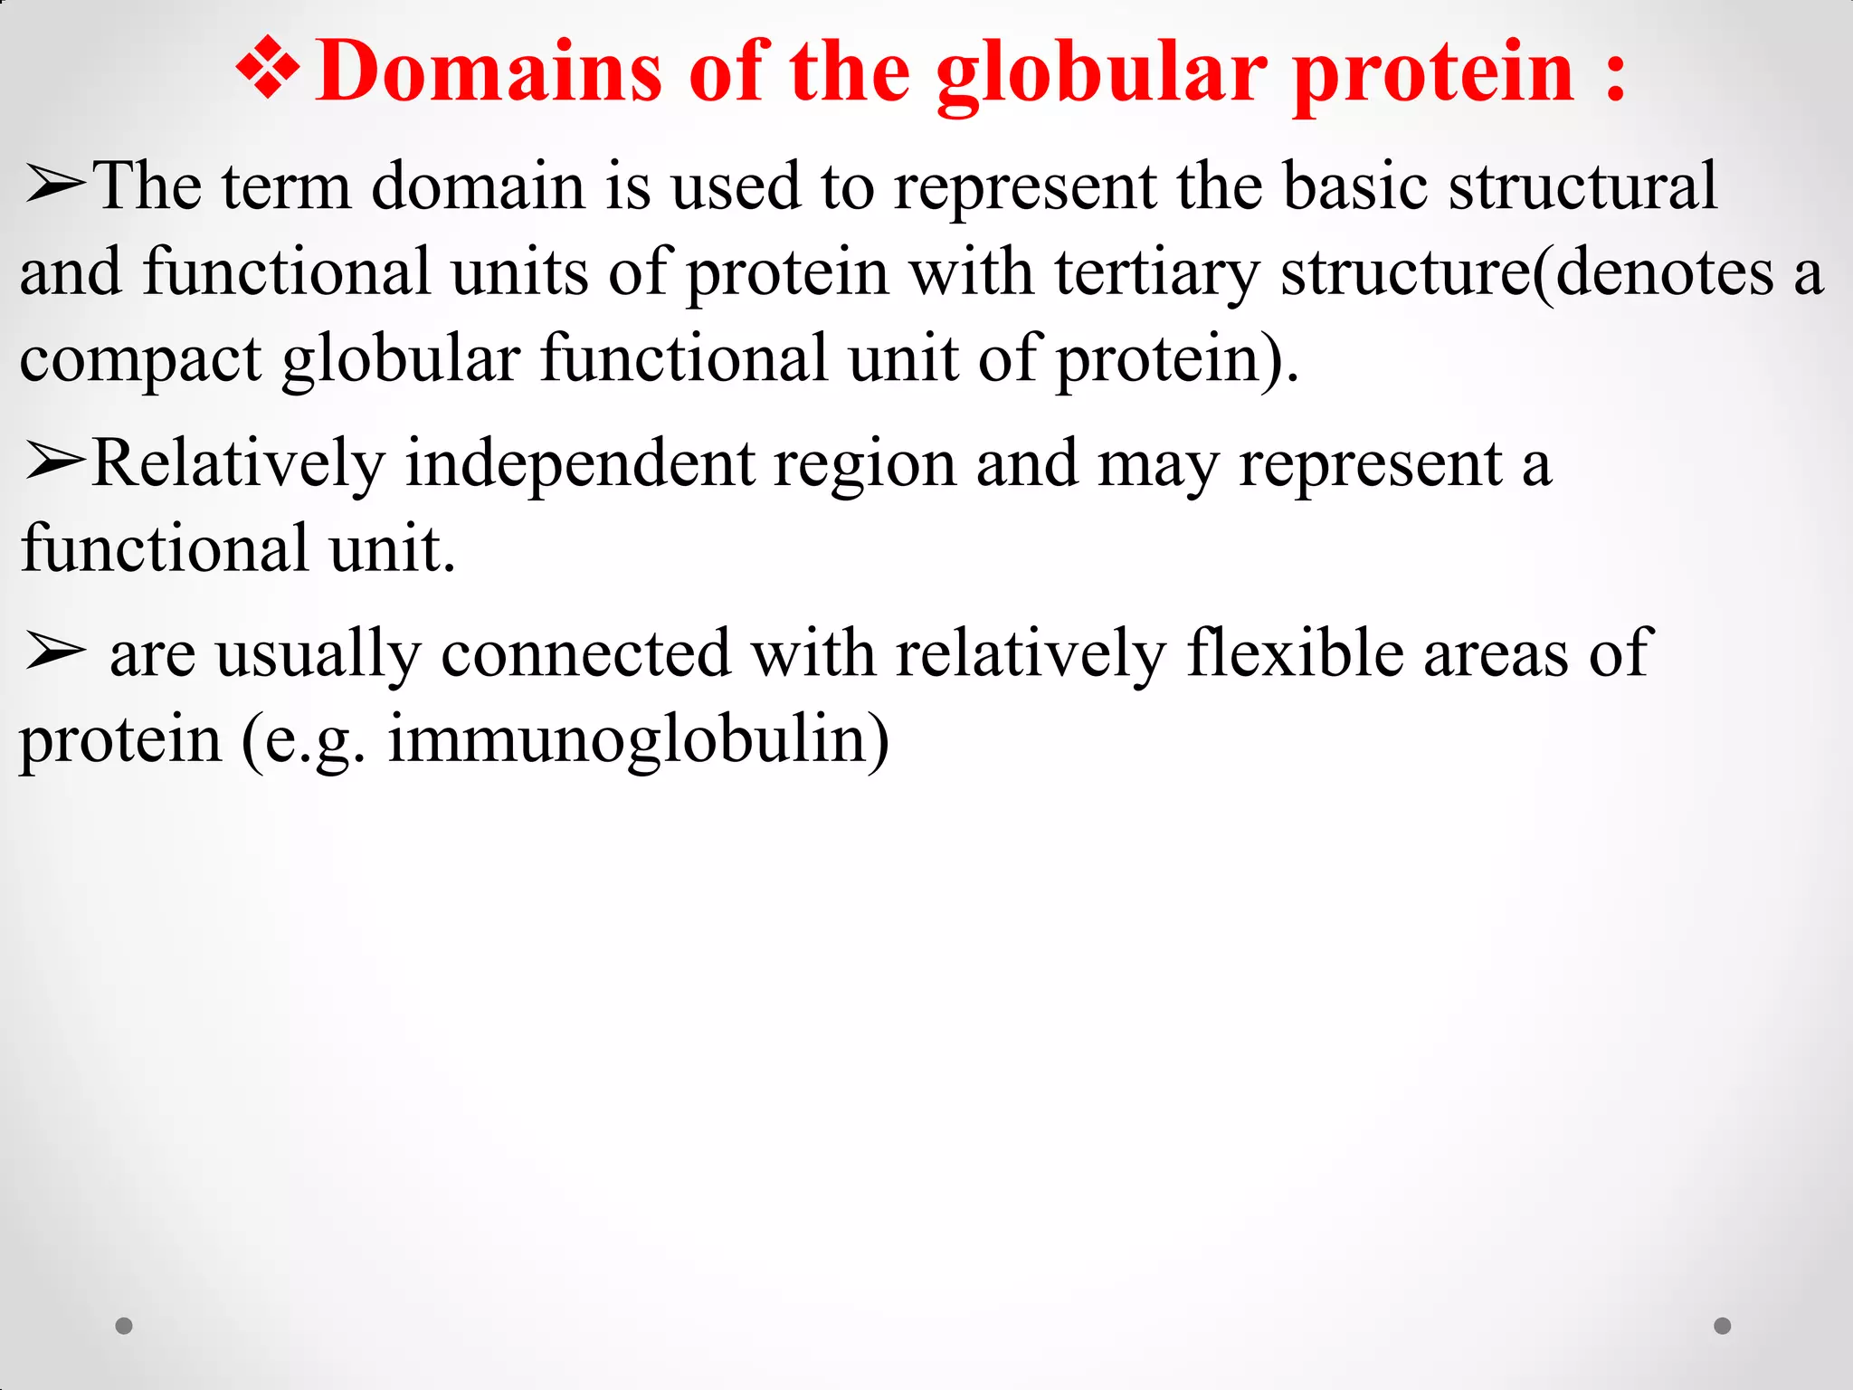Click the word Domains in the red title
489,72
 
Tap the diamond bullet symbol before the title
268,71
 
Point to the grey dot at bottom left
124,1326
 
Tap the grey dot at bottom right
1723,1326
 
